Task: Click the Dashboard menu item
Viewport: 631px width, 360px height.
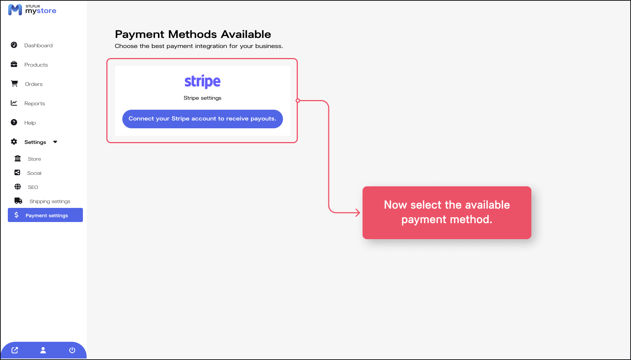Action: pyautogui.click(x=32, y=45)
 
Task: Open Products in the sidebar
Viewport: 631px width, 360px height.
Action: pyautogui.click(x=29, y=65)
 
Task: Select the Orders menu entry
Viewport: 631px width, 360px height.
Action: pyautogui.click(x=27, y=84)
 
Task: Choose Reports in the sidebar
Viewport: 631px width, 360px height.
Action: pyautogui.click(x=28, y=103)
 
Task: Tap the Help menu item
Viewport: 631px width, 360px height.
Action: pyautogui.click(x=23, y=122)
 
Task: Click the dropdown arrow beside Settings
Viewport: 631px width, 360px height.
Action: pyautogui.click(x=55, y=142)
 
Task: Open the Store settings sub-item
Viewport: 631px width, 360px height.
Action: pyautogui.click(x=28, y=159)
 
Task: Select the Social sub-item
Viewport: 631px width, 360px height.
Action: pyautogui.click(x=28, y=173)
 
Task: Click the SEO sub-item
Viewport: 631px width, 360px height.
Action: pyautogui.click(x=26, y=187)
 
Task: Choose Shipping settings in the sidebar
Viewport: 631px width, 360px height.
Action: pyautogui.click(x=42, y=201)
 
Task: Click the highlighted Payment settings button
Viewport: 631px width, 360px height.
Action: pyautogui.click(x=45, y=215)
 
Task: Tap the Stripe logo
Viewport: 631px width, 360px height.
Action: pyautogui.click(x=203, y=82)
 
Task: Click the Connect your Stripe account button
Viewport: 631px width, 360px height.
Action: pyautogui.click(x=203, y=119)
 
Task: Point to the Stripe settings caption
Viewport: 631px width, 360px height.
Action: pyautogui.click(x=203, y=98)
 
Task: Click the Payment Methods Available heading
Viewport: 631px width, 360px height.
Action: pyautogui.click(x=193, y=34)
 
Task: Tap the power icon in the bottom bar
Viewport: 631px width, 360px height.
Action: pyautogui.click(x=72, y=350)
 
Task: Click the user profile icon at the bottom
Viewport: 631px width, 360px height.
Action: pyautogui.click(x=43, y=350)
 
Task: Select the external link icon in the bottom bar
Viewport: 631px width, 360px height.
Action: pyautogui.click(x=15, y=350)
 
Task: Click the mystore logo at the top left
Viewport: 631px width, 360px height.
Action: pyautogui.click(x=32, y=10)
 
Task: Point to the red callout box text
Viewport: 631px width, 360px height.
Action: pyautogui.click(x=447, y=212)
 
